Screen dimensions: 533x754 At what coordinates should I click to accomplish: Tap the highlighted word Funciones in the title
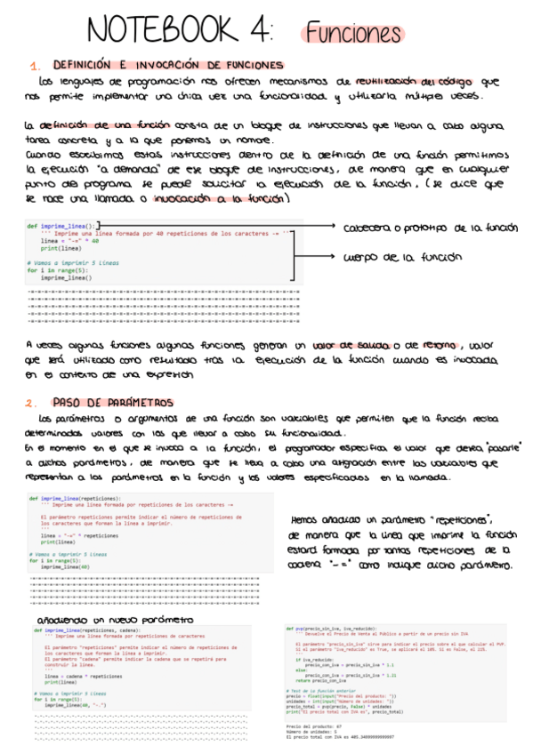pos(354,34)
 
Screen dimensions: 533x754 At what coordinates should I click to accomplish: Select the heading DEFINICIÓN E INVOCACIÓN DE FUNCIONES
pos(168,65)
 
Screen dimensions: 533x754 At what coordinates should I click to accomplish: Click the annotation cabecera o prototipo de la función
pos(430,229)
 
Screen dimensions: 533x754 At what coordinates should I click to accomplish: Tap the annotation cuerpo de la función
pos(402,258)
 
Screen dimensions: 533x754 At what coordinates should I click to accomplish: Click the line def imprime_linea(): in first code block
pos(63,226)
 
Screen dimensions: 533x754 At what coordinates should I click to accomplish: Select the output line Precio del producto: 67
pos(309,726)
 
